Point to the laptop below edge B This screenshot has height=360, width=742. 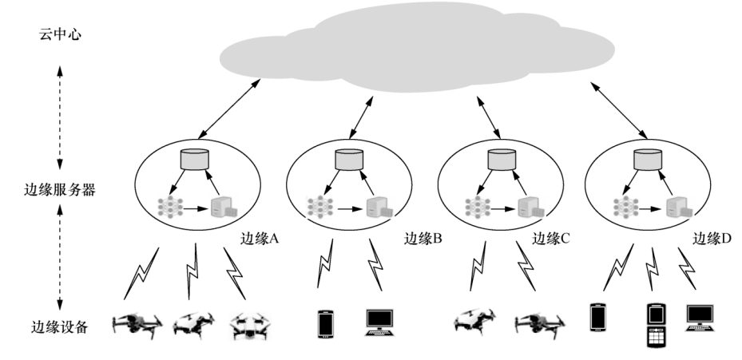[379, 321]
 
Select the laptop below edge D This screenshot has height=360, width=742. [700, 318]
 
